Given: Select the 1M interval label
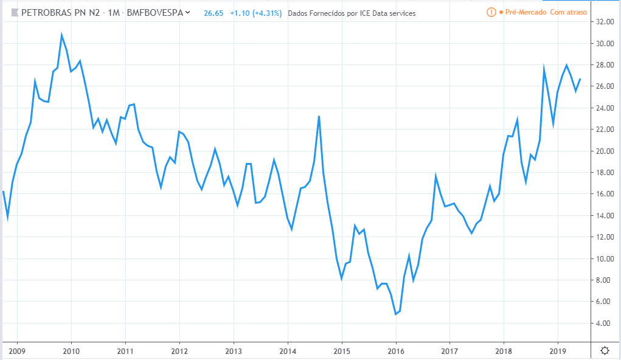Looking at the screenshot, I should (113, 13).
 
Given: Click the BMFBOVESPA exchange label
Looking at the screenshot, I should (154, 13).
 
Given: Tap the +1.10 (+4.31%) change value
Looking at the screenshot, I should (255, 13).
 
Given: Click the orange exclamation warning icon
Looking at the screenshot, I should (491, 13).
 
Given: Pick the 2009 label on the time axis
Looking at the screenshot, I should (17, 350).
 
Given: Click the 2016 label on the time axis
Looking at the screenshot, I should (395, 350).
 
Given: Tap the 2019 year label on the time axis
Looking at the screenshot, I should (558, 350).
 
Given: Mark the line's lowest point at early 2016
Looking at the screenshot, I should (395, 314).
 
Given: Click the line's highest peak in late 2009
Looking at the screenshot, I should (61, 35).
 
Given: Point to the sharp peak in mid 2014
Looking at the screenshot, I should (319, 116).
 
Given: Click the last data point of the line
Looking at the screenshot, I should (580, 79).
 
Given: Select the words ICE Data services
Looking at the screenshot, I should (385, 13).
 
